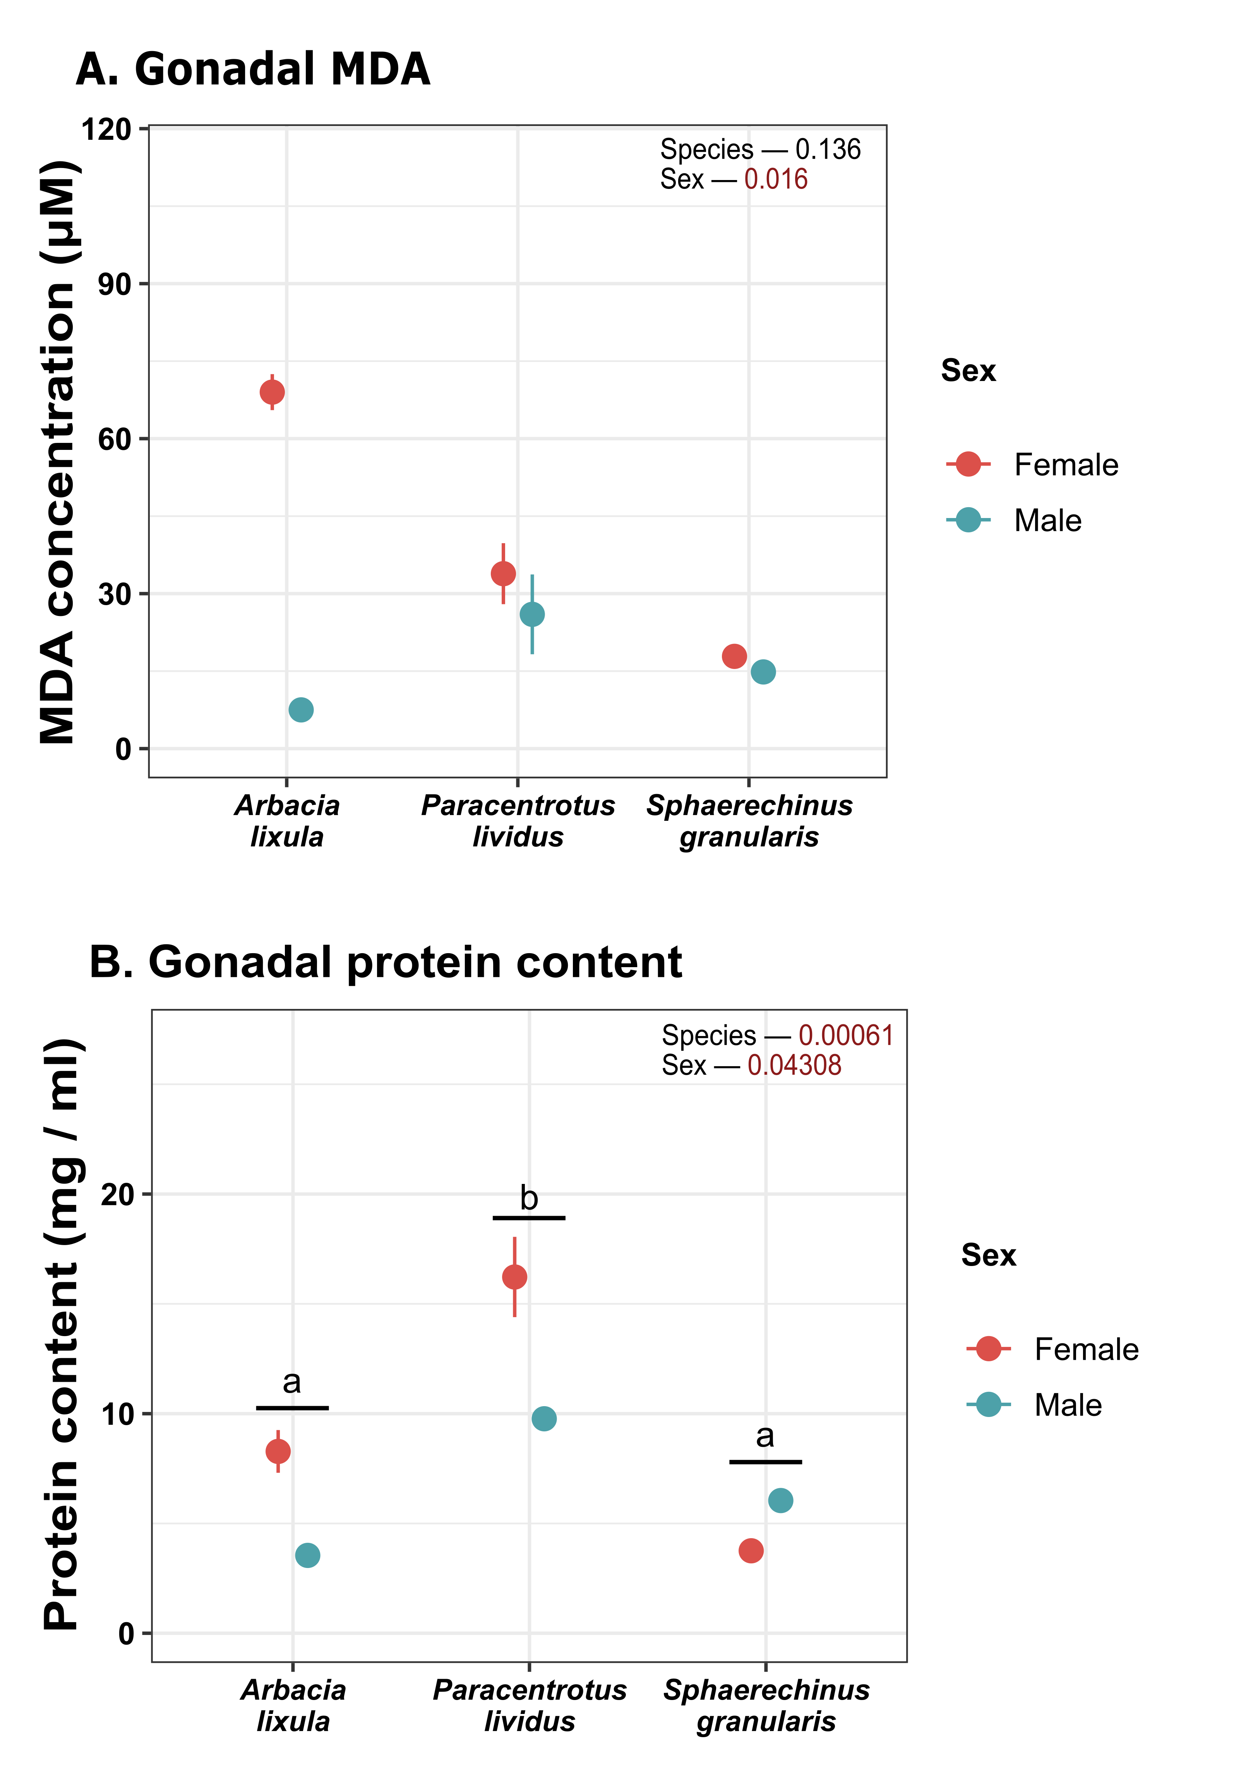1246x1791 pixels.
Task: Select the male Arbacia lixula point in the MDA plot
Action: point(301,710)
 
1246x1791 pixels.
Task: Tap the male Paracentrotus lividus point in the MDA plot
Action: point(532,615)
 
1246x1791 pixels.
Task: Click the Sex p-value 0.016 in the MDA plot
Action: point(776,179)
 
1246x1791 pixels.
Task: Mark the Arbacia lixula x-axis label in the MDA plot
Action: point(287,821)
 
